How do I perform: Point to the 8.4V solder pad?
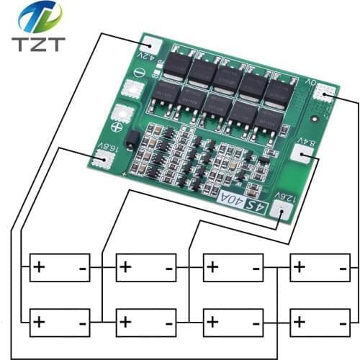pos(300,153)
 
